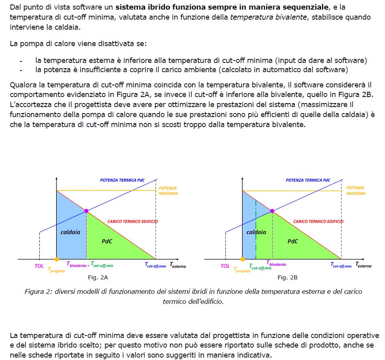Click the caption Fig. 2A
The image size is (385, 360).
tap(98, 277)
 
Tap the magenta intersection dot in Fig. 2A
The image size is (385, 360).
tap(86, 211)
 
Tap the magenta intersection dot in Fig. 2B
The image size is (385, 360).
tap(272, 211)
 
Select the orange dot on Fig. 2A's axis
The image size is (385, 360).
tap(57, 259)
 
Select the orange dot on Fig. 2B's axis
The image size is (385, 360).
tap(242, 259)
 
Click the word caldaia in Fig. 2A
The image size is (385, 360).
tap(70, 232)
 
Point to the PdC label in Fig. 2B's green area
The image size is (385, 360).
tap(293, 241)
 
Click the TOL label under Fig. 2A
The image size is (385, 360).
tap(39, 266)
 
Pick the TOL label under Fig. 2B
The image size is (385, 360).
tap(225, 266)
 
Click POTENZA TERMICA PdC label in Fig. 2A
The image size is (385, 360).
tap(122, 180)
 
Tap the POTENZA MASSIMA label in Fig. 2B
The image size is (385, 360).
tap(356, 190)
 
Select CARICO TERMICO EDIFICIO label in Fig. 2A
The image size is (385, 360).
tap(132, 221)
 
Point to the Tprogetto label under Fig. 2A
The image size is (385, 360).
tap(56, 269)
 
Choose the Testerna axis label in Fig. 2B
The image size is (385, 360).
tap(363, 265)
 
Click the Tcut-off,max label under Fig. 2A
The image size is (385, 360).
tap(155, 265)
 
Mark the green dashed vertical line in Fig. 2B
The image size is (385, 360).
tap(256, 224)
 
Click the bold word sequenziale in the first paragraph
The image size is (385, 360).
tap(308, 7)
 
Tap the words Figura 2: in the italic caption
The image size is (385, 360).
tap(38, 291)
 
